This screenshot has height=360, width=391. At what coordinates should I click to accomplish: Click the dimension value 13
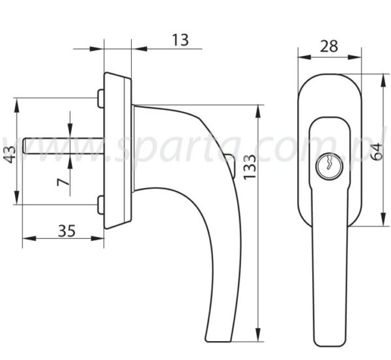point(181,40)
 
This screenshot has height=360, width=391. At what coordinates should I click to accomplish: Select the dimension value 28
point(329,46)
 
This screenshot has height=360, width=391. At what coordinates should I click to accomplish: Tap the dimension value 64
point(376,152)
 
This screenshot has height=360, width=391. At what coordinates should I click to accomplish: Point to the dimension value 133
point(250,167)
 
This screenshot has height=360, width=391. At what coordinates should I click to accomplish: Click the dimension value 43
point(10,155)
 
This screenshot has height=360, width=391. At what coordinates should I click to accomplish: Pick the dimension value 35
point(66,231)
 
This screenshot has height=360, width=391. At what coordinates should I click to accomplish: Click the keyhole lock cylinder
point(329,165)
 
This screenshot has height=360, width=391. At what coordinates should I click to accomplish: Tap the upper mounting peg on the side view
point(101,99)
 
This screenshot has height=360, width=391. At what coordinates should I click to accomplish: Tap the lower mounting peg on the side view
point(101,205)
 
